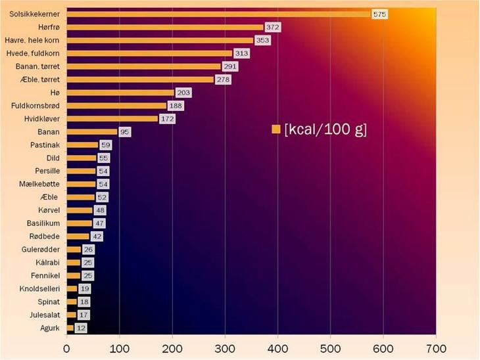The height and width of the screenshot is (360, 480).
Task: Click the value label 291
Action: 229,66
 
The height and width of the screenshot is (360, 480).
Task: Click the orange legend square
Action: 276,129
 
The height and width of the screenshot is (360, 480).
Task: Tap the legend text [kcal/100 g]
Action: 325,129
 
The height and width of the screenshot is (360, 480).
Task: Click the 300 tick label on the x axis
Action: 225,348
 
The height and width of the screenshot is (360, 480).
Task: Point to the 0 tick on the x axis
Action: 66,348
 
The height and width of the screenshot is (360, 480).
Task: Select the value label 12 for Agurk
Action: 80,327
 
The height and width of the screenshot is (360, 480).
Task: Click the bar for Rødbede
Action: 78,236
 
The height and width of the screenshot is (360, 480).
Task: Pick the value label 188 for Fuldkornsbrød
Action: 176,106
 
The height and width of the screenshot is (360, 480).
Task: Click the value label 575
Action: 379,14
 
